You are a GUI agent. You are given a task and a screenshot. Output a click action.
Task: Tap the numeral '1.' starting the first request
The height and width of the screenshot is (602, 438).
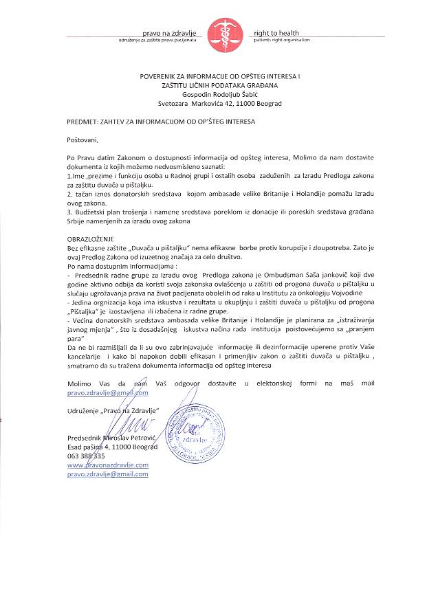click(70, 177)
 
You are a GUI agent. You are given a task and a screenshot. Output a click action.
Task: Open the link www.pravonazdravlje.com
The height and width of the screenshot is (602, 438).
click(107, 465)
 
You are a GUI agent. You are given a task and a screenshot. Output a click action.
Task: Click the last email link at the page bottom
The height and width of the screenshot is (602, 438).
click(107, 473)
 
